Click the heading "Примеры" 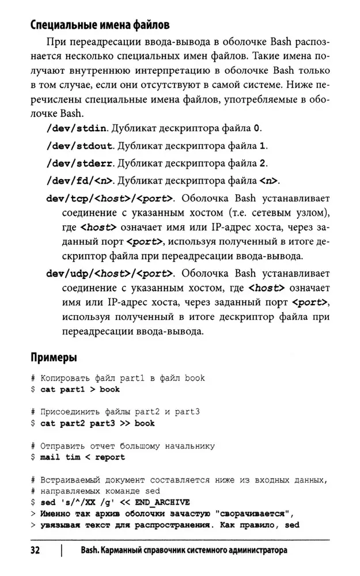click(x=53, y=358)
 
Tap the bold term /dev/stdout click(x=79, y=144)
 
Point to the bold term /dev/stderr click(x=79, y=162)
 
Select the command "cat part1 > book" click(x=80, y=390)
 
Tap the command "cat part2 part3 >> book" click(x=97, y=423)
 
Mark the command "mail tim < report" click(x=82, y=457)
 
